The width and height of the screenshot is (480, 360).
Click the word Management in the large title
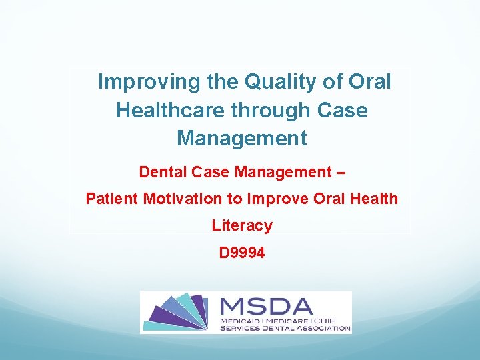pos(241,138)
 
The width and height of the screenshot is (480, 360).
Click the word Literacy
pos(241,225)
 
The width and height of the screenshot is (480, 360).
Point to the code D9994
pos(241,253)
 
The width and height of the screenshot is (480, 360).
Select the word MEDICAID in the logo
pos(241,321)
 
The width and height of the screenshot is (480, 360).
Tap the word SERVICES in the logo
pos(241,328)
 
